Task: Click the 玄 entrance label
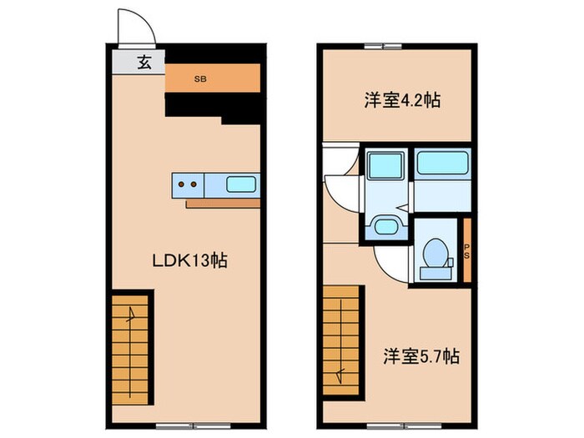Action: pyautogui.click(x=144, y=63)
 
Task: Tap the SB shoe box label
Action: pyautogui.click(x=200, y=79)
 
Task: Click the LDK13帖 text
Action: pyautogui.click(x=189, y=260)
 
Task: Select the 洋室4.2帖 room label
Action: pyautogui.click(x=401, y=101)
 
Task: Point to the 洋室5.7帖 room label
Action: pyautogui.click(x=422, y=356)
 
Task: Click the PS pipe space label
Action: pyautogui.click(x=467, y=249)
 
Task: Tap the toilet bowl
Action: pyautogui.click(x=435, y=253)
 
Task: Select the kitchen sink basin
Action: pyautogui.click(x=243, y=184)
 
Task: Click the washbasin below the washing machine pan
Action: pyautogui.click(x=385, y=225)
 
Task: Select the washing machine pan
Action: pyautogui.click(x=385, y=164)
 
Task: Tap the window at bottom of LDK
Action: pyautogui.click(x=175, y=425)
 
